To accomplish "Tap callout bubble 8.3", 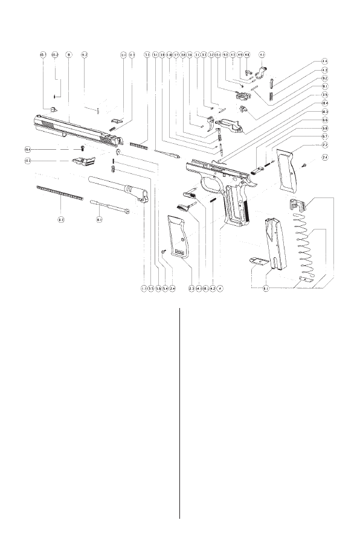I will point(61,220).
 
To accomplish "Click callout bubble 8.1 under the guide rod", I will point(100,220).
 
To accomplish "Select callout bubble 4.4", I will point(324,61).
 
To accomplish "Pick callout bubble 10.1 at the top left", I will point(43,54).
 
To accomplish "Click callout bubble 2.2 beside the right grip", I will point(324,146).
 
